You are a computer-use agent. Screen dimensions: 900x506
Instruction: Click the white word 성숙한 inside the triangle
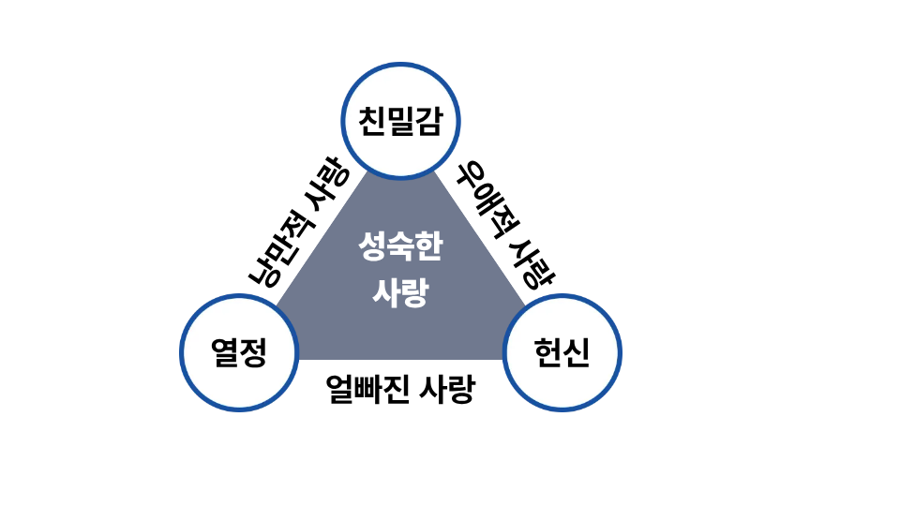point(400,246)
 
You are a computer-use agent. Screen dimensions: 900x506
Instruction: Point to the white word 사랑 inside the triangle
point(400,292)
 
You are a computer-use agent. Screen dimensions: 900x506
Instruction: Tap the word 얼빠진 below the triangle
point(367,389)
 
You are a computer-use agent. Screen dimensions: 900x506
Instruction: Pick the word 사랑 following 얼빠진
point(447,389)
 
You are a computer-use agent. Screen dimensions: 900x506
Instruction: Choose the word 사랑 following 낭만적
point(327,185)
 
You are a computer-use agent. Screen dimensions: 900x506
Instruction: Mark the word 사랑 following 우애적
point(533,264)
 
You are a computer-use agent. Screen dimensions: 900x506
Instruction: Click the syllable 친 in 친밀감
point(372,121)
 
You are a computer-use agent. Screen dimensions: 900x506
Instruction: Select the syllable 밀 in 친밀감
point(400,121)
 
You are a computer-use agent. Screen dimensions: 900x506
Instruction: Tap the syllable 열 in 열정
point(225,351)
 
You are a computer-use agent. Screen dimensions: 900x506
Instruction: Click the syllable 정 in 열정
point(253,351)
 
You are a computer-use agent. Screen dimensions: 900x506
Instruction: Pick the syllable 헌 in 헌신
point(547,351)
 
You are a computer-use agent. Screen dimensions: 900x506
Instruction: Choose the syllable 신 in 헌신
point(577,351)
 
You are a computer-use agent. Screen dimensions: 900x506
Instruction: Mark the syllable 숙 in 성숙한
point(400,246)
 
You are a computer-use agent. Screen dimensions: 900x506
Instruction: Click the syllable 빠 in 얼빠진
point(367,389)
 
